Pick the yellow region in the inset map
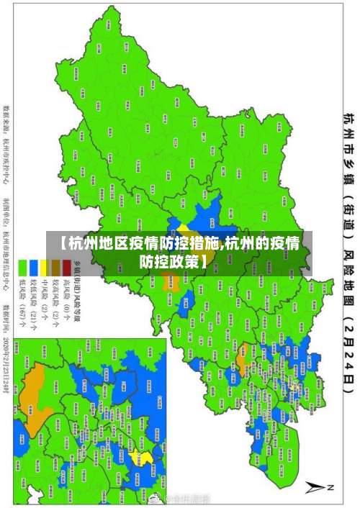[146, 458]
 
